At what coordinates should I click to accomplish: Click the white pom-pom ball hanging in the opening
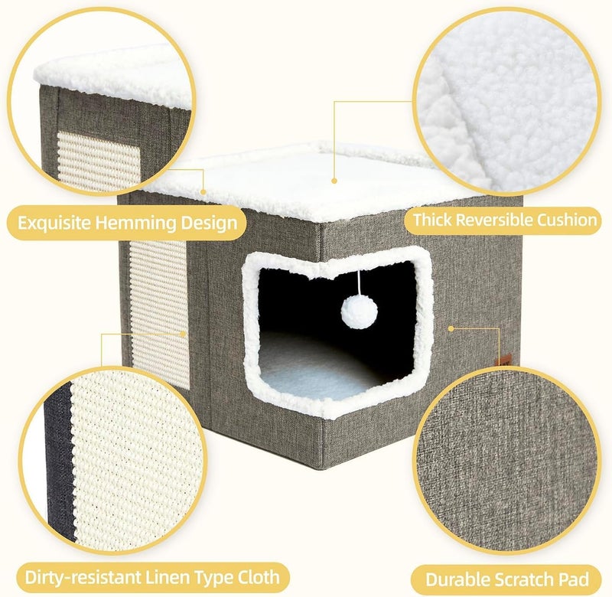(x=359, y=312)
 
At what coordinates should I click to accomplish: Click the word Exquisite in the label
(x=54, y=223)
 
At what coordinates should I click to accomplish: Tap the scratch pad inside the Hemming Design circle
(x=99, y=161)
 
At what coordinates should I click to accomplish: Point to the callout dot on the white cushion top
(x=334, y=181)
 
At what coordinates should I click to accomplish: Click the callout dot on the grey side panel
(x=451, y=328)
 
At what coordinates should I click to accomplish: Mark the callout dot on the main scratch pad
(x=183, y=334)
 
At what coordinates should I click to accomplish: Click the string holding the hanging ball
(x=359, y=283)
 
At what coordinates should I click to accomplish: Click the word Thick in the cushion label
(x=433, y=220)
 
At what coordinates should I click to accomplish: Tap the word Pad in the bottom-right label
(x=575, y=579)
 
